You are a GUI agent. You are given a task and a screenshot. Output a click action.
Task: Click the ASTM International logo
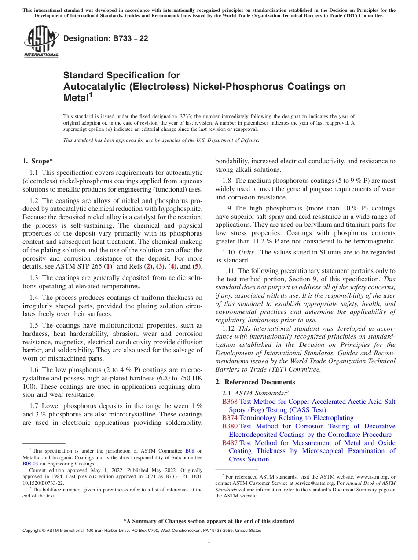pos(41,41)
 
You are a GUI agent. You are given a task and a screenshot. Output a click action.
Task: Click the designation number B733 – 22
pos(106,39)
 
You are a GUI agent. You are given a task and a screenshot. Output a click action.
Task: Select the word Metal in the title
pos(76,97)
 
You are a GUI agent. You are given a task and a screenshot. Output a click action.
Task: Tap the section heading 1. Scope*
pos(38,161)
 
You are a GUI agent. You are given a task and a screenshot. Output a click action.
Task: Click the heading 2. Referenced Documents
pos(255,382)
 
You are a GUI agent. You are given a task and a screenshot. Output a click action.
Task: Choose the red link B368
pos(230,402)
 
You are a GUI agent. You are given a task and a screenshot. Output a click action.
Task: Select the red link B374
pos(230,418)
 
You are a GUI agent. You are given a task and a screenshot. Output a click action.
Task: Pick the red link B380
pos(230,426)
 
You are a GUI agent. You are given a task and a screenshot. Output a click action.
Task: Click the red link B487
pos(230,443)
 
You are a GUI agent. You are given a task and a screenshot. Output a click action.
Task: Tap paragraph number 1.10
pos(228,252)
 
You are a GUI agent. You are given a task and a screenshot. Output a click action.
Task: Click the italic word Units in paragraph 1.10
pos(246,252)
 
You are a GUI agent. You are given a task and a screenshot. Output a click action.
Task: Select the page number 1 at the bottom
pos(209,541)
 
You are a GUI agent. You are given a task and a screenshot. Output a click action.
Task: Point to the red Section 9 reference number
pos(315,279)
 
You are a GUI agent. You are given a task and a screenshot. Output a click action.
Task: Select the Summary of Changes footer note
pos(209,521)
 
